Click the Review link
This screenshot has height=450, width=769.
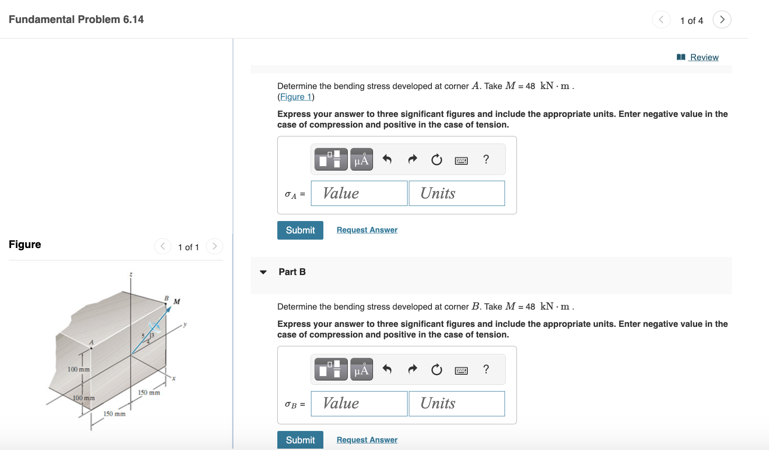tap(703, 57)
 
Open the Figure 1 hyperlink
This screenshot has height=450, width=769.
tap(295, 97)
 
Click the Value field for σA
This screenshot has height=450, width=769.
tap(359, 194)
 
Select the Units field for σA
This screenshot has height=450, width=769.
tap(456, 194)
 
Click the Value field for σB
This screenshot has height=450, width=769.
tap(359, 403)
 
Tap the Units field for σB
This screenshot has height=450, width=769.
tap(456, 403)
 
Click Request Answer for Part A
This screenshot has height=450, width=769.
tap(367, 230)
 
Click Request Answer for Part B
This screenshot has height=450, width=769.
tap(367, 440)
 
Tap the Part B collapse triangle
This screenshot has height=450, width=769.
tap(263, 272)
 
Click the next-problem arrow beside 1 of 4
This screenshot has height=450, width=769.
tap(722, 19)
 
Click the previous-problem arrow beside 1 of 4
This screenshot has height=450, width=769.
tap(661, 19)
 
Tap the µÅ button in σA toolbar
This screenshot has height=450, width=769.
tap(361, 159)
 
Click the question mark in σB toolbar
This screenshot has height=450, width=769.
tap(486, 369)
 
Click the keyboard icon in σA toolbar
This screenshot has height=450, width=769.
tap(461, 160)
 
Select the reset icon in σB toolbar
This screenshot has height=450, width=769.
tap(436, 369)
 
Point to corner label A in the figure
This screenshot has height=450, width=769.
tap(91, 342)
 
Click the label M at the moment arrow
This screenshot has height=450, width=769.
tap(177, 302)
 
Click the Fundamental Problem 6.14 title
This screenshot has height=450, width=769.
tap(76, 19)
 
